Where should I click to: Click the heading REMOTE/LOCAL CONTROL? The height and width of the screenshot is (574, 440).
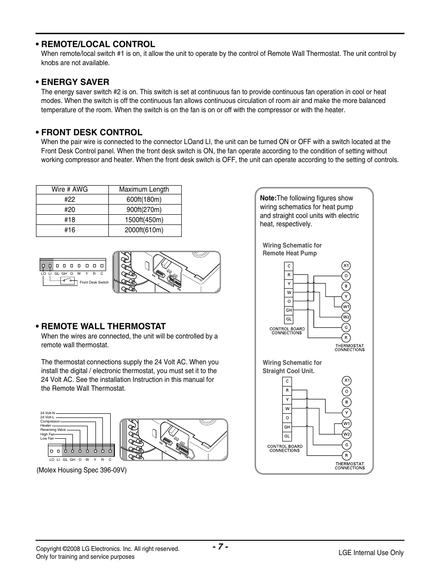pyautogui.click(x=98, y=44)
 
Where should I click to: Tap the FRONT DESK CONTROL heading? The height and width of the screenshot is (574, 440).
pyautogui.click(x=91, y=132)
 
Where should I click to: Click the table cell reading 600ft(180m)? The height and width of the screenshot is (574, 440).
pyautogui.click(x=144, y=199)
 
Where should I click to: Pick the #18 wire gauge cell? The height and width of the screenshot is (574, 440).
pyautogui.click(x=70, y=220)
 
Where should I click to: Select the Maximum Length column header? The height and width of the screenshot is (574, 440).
pyautogui.click(x=144, y=189)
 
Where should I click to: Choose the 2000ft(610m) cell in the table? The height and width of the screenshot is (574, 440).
pyautogui.click(x=144, y=230)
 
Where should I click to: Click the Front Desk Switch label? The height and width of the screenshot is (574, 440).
pyautogui.click(x=94, y=282)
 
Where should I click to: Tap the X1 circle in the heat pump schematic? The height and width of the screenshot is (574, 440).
pyautogui.click(x=346, y=266)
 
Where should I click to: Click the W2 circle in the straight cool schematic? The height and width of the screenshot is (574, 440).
pyautogui.click(x=346, y=434)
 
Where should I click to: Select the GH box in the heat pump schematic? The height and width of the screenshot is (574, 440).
pyautogui.click(x=289, y=310)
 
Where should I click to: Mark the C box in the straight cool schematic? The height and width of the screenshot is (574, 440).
pyautogui.click(x=287, y=381)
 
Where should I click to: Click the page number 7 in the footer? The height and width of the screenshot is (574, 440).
pyautogui.click(x=220, y=547)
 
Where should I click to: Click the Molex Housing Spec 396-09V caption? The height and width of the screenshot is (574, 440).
pyautogui.click(x=82, y=470)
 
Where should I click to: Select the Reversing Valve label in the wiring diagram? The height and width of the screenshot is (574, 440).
pyautogui.click(x=53, y=429)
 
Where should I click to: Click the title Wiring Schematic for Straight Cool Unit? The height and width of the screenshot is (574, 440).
pyautogui.click(x=292, y=367)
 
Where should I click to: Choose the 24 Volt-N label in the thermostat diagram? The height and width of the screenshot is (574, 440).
pyautogui.click(x=48, y=413)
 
